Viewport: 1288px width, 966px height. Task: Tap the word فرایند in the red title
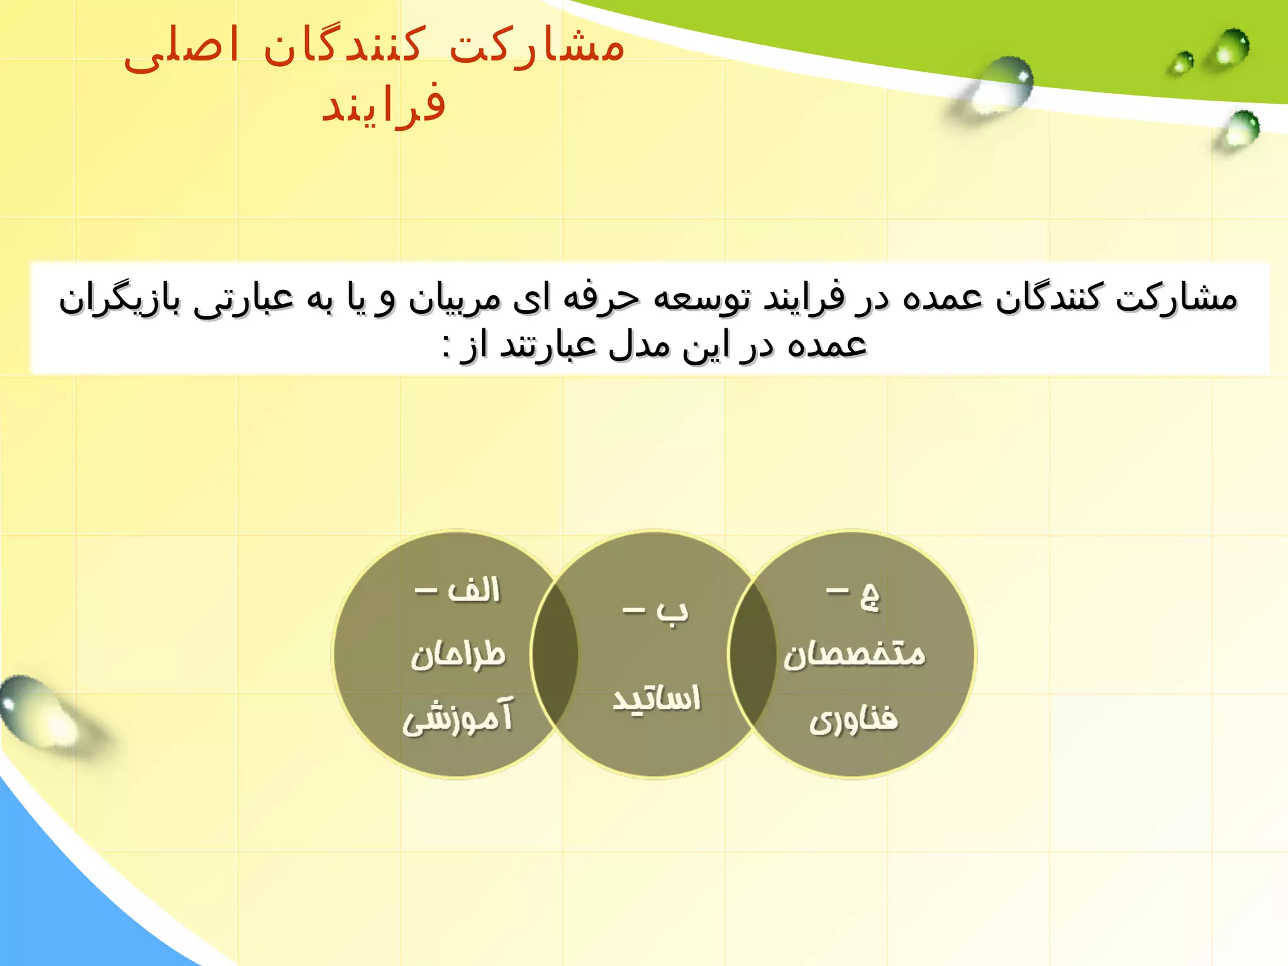coord(384,104)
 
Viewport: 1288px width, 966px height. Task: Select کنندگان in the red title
coord(343,47)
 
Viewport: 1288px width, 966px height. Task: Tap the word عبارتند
coord(547,345)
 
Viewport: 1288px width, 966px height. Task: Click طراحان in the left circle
coord(458,655)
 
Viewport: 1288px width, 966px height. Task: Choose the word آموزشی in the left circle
coord(458,717)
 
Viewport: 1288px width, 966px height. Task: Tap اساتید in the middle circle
coord(656,698)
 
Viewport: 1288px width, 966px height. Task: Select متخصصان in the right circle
coord(854,655)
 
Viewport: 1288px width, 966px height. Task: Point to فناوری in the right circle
coord(853,719)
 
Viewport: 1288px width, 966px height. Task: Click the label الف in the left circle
coord(474,590)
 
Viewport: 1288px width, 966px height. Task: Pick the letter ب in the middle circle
coord(672,612)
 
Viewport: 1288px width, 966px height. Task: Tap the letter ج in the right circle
coord(870,596)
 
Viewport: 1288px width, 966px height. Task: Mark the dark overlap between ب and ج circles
coord(753,654)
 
